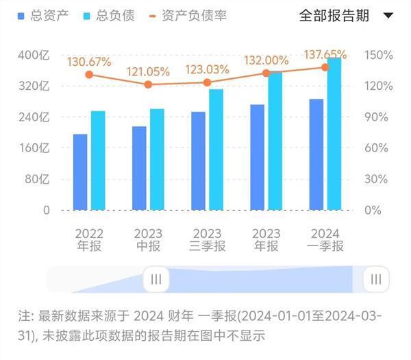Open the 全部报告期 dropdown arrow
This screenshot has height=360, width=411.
click(x=388, y=16)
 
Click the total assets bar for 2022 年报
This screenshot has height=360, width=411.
click(x=80, y=172)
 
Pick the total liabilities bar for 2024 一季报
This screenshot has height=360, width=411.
click(x=334, y=134)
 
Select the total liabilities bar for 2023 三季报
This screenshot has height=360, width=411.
click(x=216, y=149)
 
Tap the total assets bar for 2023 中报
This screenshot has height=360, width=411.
click(x=139, y=168)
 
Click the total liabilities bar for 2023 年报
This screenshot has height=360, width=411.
click(x=275, y=141)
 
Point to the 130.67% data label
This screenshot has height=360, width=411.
click(x=89, y=62)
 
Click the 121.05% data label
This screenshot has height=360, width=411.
click(x=148, y=72)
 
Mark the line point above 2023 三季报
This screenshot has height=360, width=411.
click(x=207, y=82)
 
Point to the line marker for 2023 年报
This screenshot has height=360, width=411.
click(x=266, y=73)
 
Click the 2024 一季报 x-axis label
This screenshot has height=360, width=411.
click(x=325, y=240)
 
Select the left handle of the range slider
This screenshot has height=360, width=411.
click(x=155, y=279)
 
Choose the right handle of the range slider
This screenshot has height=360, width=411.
click(x=376, y=279)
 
